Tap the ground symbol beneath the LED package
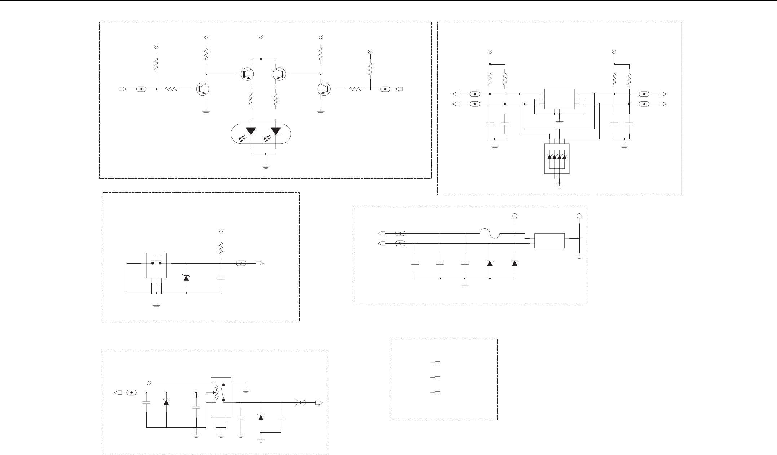(266, 167)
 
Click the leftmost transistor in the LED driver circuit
(203, 89)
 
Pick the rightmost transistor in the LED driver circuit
(324, 89)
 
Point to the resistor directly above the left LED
(251, 99)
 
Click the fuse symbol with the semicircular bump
(490, 234)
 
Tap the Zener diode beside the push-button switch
(186, 278)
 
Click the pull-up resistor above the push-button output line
(221, 248)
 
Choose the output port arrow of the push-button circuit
(259, 263)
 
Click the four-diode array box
(557, 159)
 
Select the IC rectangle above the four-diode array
(559, 99)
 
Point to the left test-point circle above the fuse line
(515, 216)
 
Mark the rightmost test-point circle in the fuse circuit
(579, 216)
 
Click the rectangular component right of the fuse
(549, 241)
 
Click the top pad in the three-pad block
(437, 362)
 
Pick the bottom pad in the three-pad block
(437, 393)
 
